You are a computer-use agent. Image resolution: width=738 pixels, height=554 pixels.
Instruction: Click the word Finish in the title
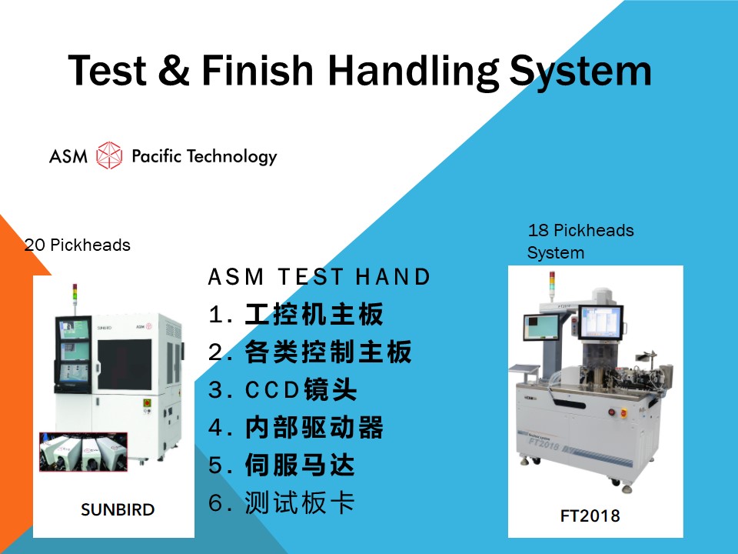point(258,70)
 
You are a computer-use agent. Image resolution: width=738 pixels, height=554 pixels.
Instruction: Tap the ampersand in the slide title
point(174,70)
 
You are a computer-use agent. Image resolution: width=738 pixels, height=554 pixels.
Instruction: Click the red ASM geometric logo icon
point(109,155)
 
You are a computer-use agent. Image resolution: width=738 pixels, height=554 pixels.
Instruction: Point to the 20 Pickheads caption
point(77,245)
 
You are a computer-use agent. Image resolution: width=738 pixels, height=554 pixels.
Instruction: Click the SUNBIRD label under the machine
point(118,509)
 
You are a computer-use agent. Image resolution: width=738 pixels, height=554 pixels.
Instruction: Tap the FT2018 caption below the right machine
point(590,516)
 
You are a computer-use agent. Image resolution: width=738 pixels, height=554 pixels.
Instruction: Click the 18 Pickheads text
point(581,230)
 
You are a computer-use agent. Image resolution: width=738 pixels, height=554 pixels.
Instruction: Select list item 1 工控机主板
point(296,315)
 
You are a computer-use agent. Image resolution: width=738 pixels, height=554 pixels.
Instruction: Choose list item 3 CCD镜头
point(282,390)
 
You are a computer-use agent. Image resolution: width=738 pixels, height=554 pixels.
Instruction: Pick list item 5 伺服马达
point(281,466)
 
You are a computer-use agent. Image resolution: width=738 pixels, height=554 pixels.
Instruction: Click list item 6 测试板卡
point(281,502)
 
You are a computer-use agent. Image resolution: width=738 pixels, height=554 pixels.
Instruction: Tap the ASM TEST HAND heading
point(319,276)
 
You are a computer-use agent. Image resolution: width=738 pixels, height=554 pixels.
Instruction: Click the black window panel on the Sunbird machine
point(125,365)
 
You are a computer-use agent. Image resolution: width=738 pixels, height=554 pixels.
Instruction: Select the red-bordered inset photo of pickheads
point(83,452)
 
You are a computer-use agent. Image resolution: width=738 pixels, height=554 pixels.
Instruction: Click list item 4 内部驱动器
point(296,428)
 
